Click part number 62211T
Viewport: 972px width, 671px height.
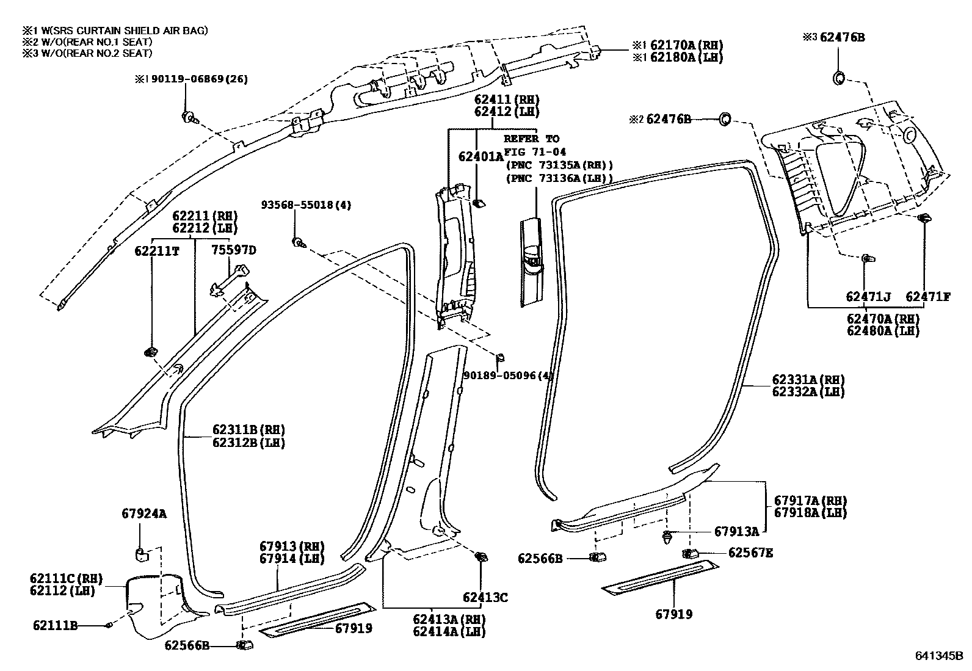[157, 250]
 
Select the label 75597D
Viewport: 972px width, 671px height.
[234, 250]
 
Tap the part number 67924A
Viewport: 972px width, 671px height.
[143, 514]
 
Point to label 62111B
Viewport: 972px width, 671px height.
[56, 625]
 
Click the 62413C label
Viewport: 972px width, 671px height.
[485, 597]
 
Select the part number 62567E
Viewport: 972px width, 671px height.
[750, 553]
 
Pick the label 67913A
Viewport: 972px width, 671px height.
[736, 532]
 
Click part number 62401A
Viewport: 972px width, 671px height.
[481, 156]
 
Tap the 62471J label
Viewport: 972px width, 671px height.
[868, 297]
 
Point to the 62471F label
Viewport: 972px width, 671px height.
[927, 297]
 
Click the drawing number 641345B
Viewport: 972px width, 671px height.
[938, 656]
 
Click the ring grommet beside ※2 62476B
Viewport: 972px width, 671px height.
[726, 119]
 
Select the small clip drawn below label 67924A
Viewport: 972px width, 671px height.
[140, 554]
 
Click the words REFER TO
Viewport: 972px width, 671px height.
[531, 139]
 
